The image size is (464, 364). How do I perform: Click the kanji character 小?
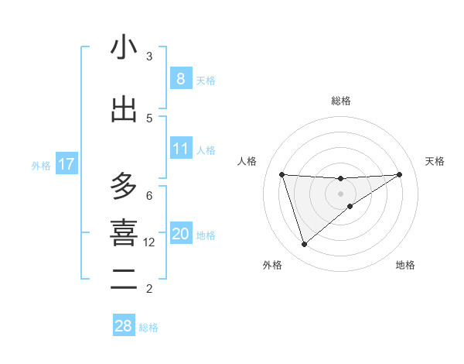point(124,48)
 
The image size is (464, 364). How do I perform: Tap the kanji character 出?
point(124,109)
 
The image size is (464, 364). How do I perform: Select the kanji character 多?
point(124,187)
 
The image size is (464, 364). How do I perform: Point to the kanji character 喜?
point(124,232)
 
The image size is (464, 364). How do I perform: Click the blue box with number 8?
point(180,78)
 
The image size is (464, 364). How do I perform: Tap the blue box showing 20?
point(180,233)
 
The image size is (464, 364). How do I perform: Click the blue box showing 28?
point(123,326)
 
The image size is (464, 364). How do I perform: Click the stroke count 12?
point(149,242)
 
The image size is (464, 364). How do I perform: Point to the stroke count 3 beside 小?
point(149,57)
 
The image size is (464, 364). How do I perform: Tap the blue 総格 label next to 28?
point(148,328)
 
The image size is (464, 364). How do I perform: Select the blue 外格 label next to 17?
point(41,165)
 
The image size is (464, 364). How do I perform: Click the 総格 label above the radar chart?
point(340,101)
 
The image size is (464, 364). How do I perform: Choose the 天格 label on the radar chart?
point(435,161)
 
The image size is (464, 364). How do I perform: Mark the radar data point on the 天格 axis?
point(399,174)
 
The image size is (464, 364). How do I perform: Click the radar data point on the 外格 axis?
point(304,245)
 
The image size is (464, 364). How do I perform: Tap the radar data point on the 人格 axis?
point(281,174)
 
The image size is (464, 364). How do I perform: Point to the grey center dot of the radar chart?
point(340,194)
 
